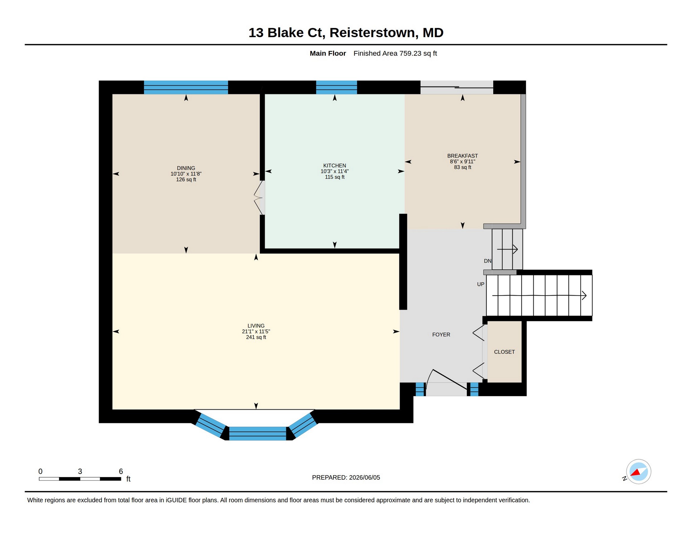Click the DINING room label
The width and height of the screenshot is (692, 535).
186,168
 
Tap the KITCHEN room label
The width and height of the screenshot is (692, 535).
335,166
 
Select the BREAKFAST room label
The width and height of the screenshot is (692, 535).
462,156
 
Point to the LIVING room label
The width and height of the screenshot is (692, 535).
256,325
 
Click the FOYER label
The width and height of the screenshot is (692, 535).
441,334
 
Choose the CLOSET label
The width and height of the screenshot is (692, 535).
504,352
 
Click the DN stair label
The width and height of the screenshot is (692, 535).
487,261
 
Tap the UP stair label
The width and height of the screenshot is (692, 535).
481,284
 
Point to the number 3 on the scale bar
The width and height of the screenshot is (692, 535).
80,471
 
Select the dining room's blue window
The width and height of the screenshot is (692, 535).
186,87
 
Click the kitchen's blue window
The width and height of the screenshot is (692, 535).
337,87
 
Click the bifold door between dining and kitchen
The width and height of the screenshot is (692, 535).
258,198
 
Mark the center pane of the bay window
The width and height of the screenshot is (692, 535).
257,434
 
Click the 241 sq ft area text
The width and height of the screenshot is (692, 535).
256,337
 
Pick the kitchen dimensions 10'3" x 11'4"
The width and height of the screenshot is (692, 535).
335,171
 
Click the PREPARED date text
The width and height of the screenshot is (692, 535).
346,477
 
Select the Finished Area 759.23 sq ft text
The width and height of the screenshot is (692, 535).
395,53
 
